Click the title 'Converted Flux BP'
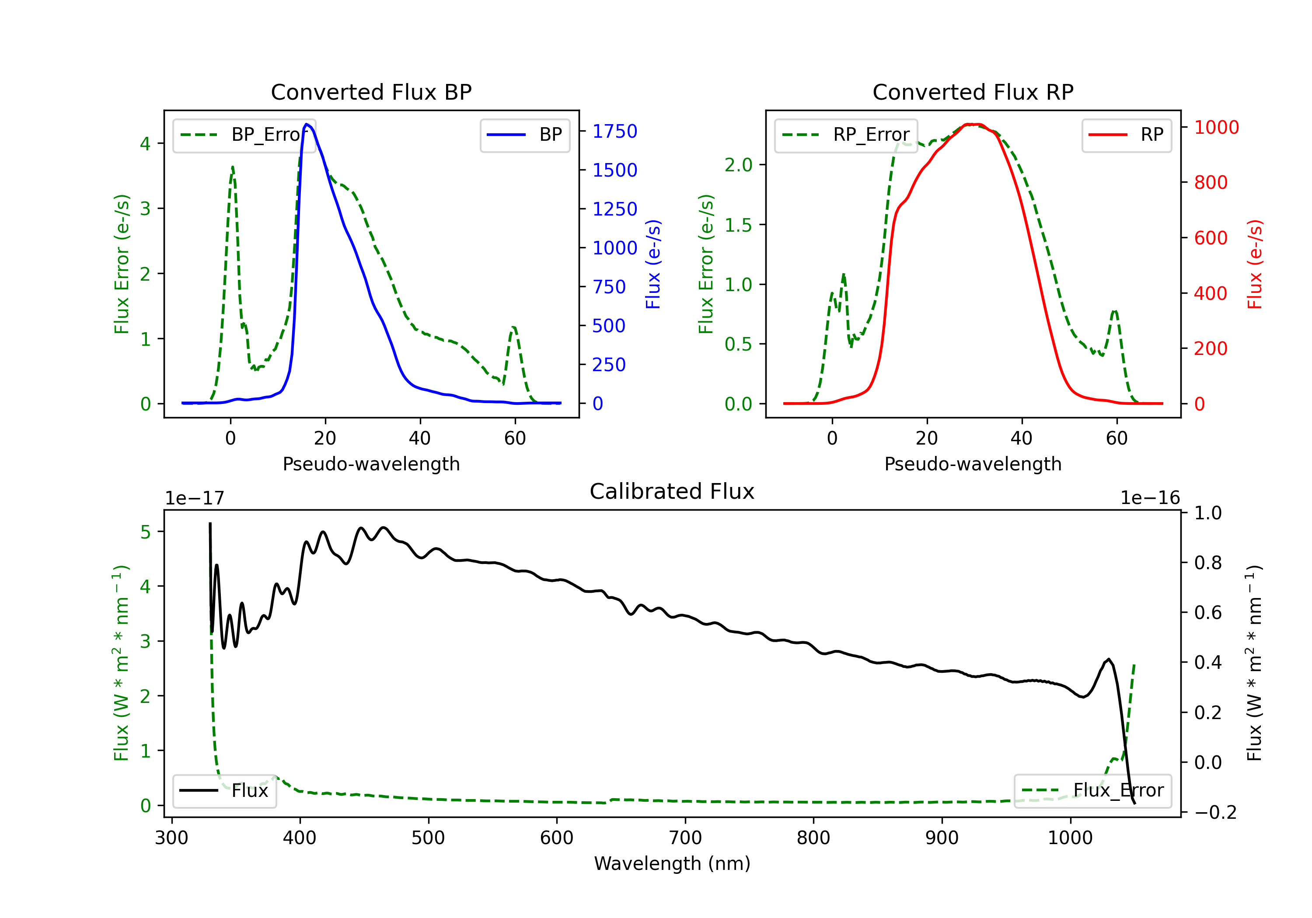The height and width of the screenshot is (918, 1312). pos(371,92)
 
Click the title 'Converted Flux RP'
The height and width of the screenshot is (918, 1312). pos(973,92)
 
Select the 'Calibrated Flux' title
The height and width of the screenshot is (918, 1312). pos(672,491)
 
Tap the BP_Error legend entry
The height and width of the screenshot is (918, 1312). pos(244,135)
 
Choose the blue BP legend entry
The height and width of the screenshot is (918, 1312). pos(524,135)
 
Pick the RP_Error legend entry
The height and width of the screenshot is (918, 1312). pos(846,135)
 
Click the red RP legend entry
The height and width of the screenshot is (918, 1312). pos(1126,135)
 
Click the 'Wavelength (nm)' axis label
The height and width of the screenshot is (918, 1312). pos(672,863)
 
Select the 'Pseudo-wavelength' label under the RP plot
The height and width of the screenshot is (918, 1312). pos(973,464)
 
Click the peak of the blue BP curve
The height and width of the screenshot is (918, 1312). pos(307,124)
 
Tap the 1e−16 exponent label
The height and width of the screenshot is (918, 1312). pos(1150,498)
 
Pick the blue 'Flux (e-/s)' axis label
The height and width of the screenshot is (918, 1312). pos(653,264)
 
